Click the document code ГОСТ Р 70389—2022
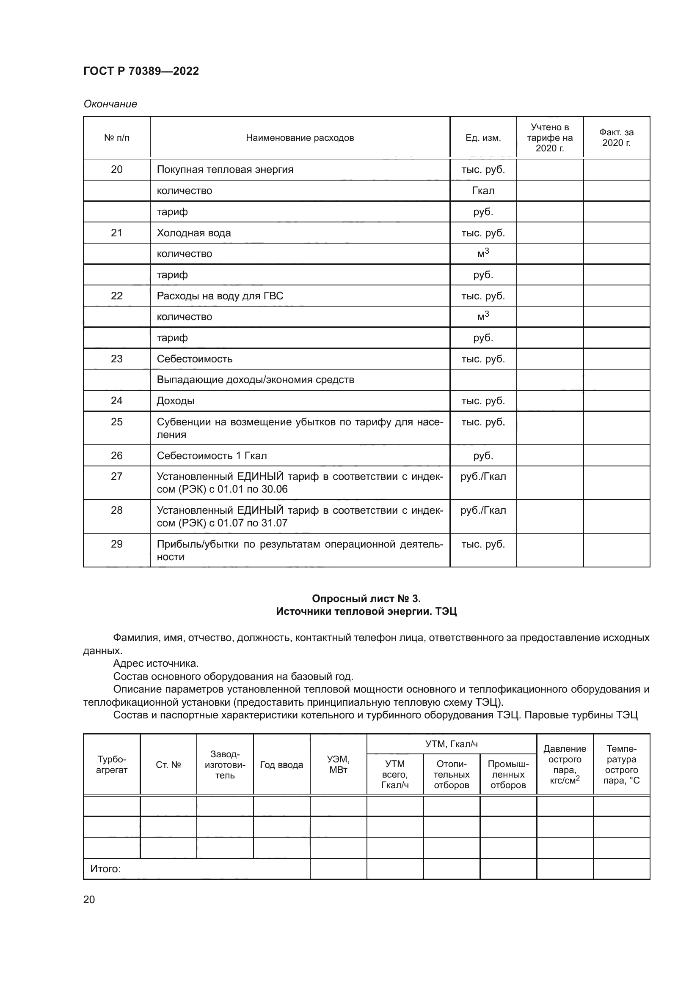(x=141, y=71)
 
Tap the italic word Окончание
(x=110, y=104)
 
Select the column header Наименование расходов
(x=300, y=138)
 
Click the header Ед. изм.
(x=483, y=138)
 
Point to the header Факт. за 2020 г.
(x=616, y=138)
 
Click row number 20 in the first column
(x=116, y=169)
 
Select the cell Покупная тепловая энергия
(x=225, y=169)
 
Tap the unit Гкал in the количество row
(x=483, y=190)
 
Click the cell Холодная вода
(x=193, y=233)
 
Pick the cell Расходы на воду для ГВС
(x=220, y=296)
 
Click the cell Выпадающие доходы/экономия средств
(x=255, y=379)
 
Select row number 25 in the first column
(x=116, y=422)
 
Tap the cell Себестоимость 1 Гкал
(x=212, y=455)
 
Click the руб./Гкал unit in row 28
(x=483, y=510)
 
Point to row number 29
(x=116, y=544)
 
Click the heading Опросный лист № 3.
(x=366, y=598)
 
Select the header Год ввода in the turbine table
(x=281, y=764)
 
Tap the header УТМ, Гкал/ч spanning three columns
(x=451, y=744)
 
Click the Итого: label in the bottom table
(x=105, y=869)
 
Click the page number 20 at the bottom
(x=89, y=899)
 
